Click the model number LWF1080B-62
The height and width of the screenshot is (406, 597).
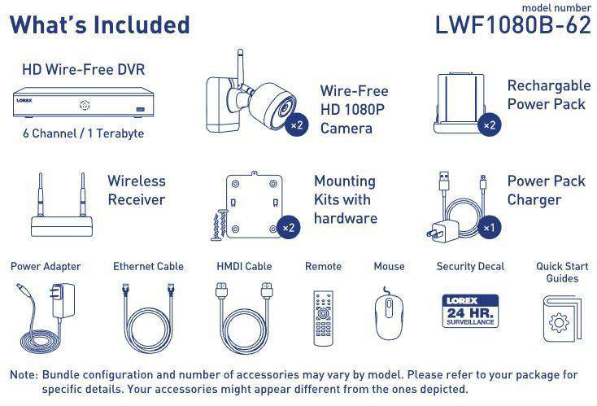(x=513, y=24)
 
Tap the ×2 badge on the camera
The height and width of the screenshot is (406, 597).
(x=297, y=124)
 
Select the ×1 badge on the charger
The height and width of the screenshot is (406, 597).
(x=489, y=228)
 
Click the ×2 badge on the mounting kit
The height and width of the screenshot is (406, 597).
(x=289, y=228)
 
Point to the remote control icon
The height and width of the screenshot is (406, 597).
(x=323, y=318)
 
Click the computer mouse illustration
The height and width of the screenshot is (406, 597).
(x=389, y=315)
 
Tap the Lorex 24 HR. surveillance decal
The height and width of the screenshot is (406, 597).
(x=470, y=311)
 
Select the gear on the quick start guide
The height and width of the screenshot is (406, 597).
(x=560, y=323)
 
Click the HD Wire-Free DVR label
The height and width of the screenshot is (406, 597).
(x=84, y=70)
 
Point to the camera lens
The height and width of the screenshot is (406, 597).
(x=285, y=108)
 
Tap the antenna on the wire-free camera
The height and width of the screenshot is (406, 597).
(x=240, y=68)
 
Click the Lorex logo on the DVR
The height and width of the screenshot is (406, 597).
(x=24, y=101)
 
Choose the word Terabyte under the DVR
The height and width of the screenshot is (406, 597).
(x=120, y=133)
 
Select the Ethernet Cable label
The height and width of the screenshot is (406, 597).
(x=149, y=266)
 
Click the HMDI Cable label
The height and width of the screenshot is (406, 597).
(x=244, y=266)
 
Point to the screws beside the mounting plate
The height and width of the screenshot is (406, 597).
(x=220, y=225)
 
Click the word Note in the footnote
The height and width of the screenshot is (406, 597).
(x=24, y=375)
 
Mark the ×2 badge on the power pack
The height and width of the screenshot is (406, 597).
(x=489, y=124)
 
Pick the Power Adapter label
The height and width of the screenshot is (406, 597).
(x=46, y=266)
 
